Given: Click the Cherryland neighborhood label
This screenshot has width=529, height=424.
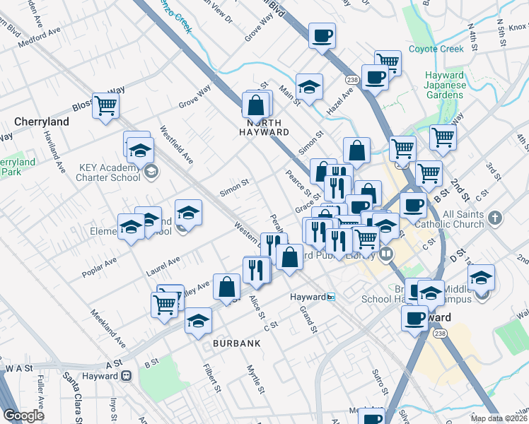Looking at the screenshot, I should [x=42, y=122].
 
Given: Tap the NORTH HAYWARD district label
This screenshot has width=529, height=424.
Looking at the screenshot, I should [x=263, y=127].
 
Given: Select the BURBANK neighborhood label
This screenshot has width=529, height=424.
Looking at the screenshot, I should [x=237, y=343].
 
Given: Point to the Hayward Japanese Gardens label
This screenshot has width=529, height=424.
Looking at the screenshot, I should [x=445, y=86].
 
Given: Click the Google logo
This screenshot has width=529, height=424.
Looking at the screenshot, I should [x=23, y=416].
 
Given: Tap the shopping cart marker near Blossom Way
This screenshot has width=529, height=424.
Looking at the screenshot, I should [x=105, y=107].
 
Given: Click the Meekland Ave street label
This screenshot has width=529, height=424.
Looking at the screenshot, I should [x=110, y=328].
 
